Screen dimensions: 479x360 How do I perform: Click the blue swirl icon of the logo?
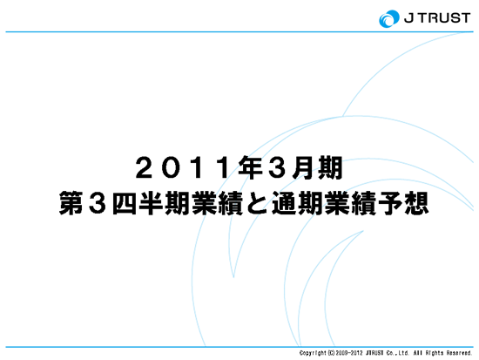point(389,18)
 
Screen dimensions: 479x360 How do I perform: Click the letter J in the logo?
point(409,18)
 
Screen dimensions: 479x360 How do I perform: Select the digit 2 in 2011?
point(145,167)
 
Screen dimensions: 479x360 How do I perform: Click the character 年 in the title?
point(251,167)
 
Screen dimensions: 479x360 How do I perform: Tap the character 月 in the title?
point(303,167)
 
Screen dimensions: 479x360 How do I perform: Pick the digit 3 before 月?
point(277,167)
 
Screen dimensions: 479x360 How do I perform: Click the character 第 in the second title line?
point(71,203)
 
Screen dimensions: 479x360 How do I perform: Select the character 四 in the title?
point(125,203)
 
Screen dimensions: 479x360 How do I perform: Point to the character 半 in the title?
point(151,203)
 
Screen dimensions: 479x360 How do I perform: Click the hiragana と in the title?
point(257,203)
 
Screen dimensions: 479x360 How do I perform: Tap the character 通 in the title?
point(284,203)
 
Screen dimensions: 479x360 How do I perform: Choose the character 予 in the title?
point(390,203)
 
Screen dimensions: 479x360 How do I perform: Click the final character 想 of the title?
point(416,203)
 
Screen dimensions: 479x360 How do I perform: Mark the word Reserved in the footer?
point(460,353)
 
